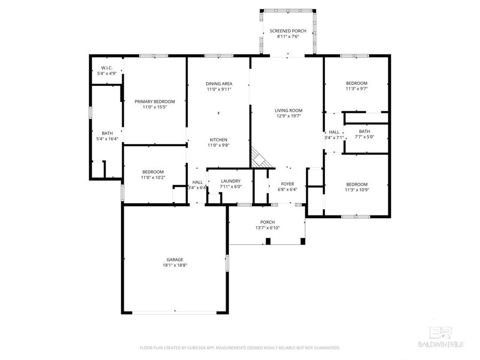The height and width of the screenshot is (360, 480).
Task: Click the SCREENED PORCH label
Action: point(288,31)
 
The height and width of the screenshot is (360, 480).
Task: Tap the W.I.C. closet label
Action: point(107,68)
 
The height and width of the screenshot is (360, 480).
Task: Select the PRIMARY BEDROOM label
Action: point(155,101)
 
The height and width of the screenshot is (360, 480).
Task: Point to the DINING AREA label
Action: point(219,84)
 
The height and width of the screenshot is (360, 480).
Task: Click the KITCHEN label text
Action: point(219,140)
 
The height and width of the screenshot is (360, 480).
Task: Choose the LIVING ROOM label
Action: point(289,110)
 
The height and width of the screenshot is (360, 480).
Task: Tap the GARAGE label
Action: point(175,259)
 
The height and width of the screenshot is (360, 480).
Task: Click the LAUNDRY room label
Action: point(231,181)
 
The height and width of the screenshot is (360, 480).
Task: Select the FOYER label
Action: point(287,183)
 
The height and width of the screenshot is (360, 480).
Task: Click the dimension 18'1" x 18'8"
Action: point(175,265)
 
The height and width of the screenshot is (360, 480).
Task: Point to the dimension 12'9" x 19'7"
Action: point(289,116)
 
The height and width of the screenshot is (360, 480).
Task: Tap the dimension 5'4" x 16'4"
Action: point(107,139)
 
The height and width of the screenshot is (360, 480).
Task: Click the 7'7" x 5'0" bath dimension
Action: point(364,137)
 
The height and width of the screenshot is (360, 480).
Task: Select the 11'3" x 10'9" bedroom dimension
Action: point(356,189)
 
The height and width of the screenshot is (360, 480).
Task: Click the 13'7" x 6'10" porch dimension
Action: point(267,228)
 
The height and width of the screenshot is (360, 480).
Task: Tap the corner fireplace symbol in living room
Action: point(260,157)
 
